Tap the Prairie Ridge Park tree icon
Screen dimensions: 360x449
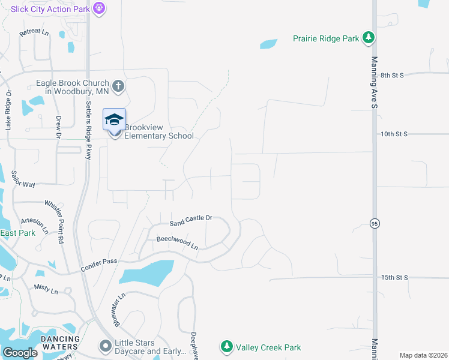369,38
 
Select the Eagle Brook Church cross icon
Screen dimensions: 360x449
118,86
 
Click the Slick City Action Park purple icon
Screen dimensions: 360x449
99,8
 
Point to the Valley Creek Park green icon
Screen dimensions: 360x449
226,346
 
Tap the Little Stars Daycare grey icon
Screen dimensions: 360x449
105,346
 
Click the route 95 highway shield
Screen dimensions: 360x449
375,223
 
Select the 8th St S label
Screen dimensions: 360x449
393,75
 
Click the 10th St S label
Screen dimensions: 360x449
394,134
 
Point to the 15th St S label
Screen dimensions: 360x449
394,277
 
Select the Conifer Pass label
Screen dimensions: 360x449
100,265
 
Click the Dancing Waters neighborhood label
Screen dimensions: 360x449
59,343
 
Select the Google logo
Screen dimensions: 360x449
20,353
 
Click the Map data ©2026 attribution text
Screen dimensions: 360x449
423,355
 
